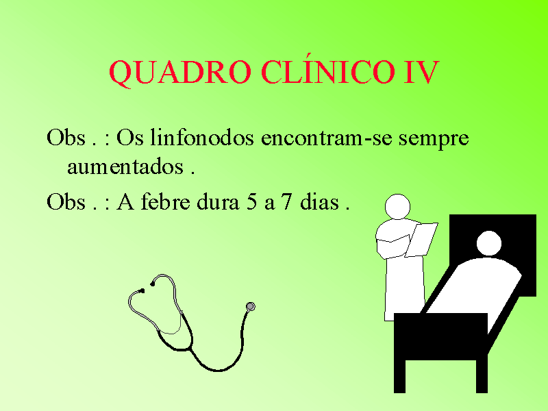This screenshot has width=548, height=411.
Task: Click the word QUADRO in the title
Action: click(180, 73)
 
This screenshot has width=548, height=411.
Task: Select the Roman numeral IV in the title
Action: click(421, 72)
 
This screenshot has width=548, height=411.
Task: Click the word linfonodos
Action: click(202, 137)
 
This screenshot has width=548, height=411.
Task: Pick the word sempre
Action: click(434, 139)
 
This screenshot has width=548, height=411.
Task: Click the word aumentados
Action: click(125, 167)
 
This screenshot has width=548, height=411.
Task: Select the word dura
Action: click(218, 201)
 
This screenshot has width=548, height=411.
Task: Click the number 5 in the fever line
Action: click(251, 201)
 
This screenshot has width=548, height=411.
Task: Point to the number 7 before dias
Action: click(286, 201)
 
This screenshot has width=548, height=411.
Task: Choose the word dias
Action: click(319, 201)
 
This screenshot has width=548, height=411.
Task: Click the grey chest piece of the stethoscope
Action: click(251, 306)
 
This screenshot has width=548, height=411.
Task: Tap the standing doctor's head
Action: click(397, 207)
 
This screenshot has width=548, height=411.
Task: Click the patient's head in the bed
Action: click(489, 243)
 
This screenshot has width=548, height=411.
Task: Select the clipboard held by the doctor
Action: click(421, 240)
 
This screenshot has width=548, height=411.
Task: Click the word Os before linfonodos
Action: click(129, 138)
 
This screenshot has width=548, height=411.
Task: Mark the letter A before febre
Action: click(125, 201)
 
